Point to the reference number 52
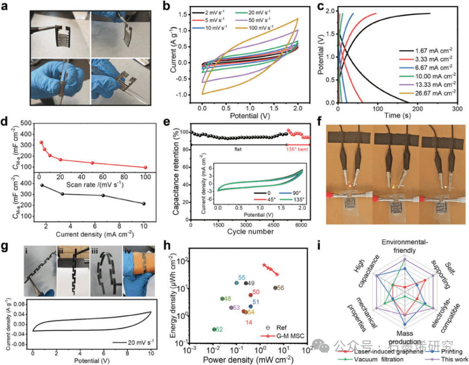pyautogui.click(x=219, y=329)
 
